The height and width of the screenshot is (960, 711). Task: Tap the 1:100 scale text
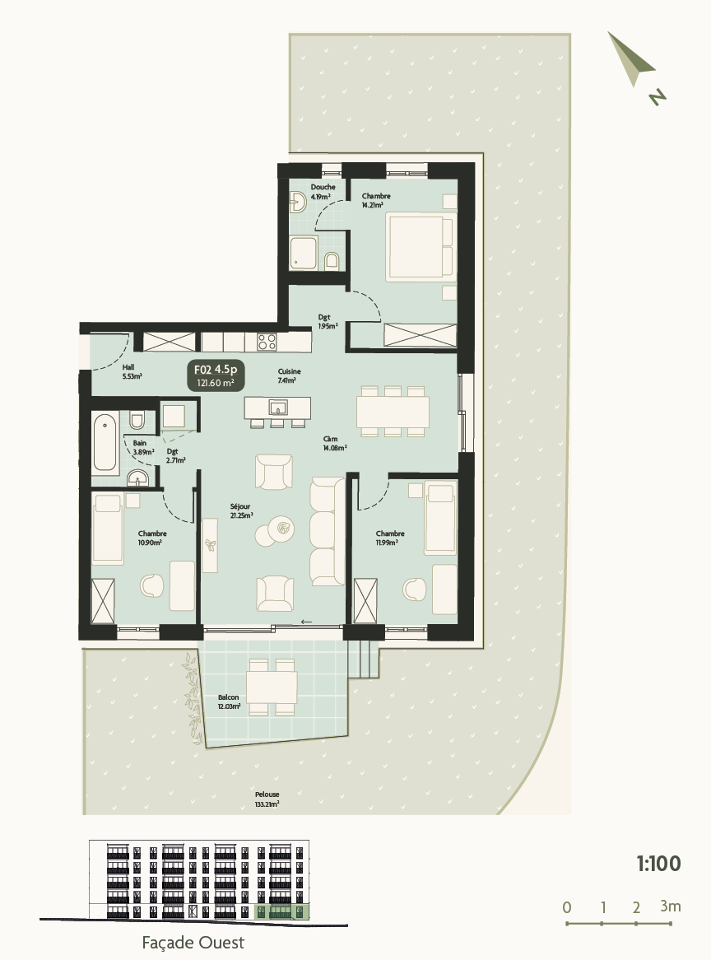[x=658, y=864]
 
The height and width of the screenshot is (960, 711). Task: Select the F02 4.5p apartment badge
[x=215, y=375]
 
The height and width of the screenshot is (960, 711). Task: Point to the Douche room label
[x=323, y=192]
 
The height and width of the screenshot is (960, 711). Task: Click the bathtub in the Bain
[x=105, y=442]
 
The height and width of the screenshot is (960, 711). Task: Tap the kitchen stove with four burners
[x=267, y=341]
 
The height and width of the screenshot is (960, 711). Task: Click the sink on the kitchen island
[x=278, y=407]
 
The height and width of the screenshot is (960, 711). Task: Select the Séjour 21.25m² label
[x=240, y=511]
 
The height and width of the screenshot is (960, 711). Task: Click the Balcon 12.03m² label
[x=229, y=701]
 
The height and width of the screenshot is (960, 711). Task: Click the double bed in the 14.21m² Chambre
[x=420, y=246]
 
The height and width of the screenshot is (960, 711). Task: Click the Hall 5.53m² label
[x=132, y=371]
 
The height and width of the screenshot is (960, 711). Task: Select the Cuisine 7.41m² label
[x=289, y=375]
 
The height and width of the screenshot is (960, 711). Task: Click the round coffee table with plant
[x=285, y=529]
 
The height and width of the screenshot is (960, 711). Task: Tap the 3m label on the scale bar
[x=670, y=906]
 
